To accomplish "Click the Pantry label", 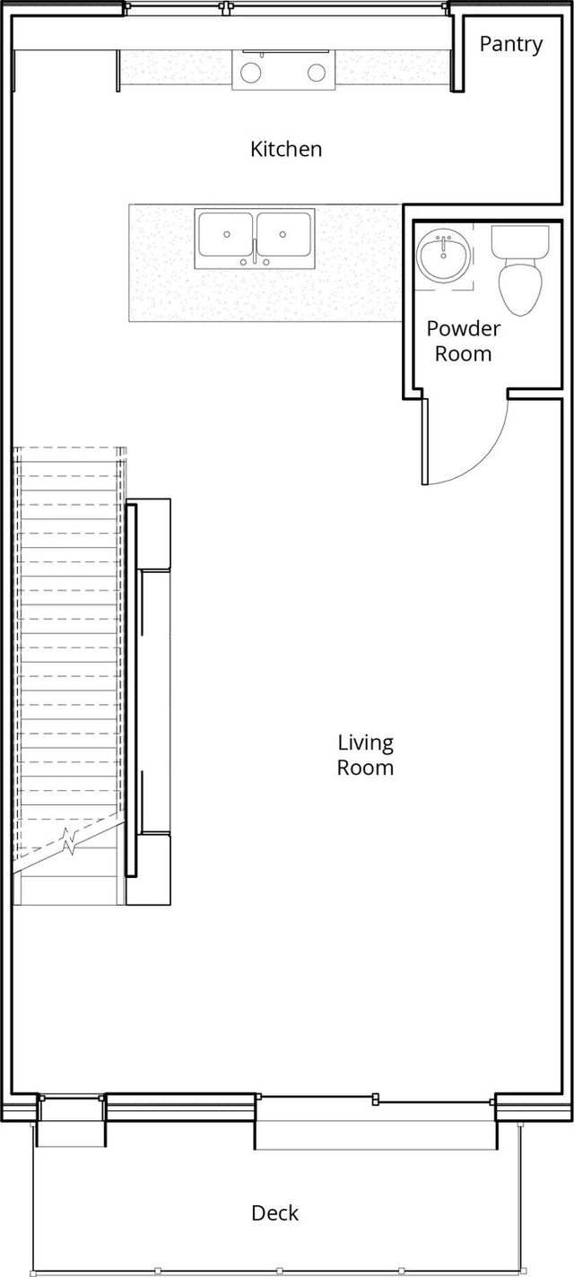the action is click(x=510, y=45).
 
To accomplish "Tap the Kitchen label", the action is click(x=286, y=150).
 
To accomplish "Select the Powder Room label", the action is click(x=464, y=341).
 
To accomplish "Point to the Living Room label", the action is click(x=365, y=755).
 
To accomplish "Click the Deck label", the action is click(x=274, y=1212).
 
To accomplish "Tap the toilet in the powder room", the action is click(x=520, y=270).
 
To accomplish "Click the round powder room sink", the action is click(x=443, y=257).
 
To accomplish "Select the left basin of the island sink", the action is click(x=226, y=235).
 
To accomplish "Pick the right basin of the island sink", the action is click(x=283, y=235).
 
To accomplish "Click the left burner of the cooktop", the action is click(x=251, y=73).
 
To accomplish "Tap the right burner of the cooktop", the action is click(x=317, y=73).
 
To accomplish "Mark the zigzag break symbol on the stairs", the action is click(x=71, y=841).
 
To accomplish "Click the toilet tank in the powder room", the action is click(x=520, y=240).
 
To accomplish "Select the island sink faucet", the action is click(x=255, y=255).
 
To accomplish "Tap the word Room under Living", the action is click(x=365, y=768).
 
